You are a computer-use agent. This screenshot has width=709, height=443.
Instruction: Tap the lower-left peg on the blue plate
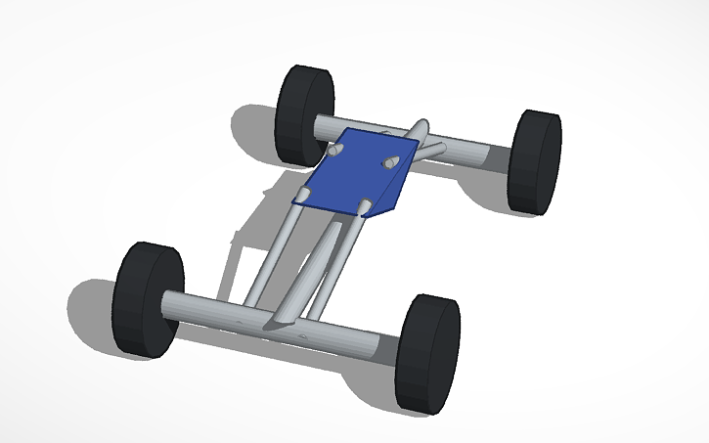tap(304, 196)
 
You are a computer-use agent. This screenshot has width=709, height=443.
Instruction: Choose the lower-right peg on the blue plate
tap(365, 204)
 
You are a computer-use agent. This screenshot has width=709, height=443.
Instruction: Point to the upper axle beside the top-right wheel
tap(469, 155)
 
